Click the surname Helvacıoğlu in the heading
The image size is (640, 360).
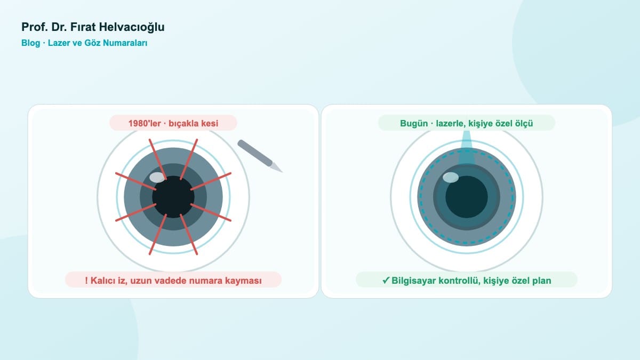[132, 27]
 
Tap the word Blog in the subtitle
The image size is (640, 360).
[30, 43]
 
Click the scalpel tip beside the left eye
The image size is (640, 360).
[282, 172]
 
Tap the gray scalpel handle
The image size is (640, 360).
[255, 153]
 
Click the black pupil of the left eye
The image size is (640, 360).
[173, 197]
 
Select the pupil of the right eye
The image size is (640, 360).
[467, 197]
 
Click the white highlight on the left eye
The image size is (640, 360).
[157, 178]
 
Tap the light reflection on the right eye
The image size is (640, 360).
[451, 178]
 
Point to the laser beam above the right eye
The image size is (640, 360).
[467, 148]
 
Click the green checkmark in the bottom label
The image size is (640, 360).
[386, 281]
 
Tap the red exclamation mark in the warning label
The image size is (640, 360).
[86, 281]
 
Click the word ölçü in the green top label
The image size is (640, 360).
[524, 123]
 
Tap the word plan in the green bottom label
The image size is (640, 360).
[542, 281]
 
